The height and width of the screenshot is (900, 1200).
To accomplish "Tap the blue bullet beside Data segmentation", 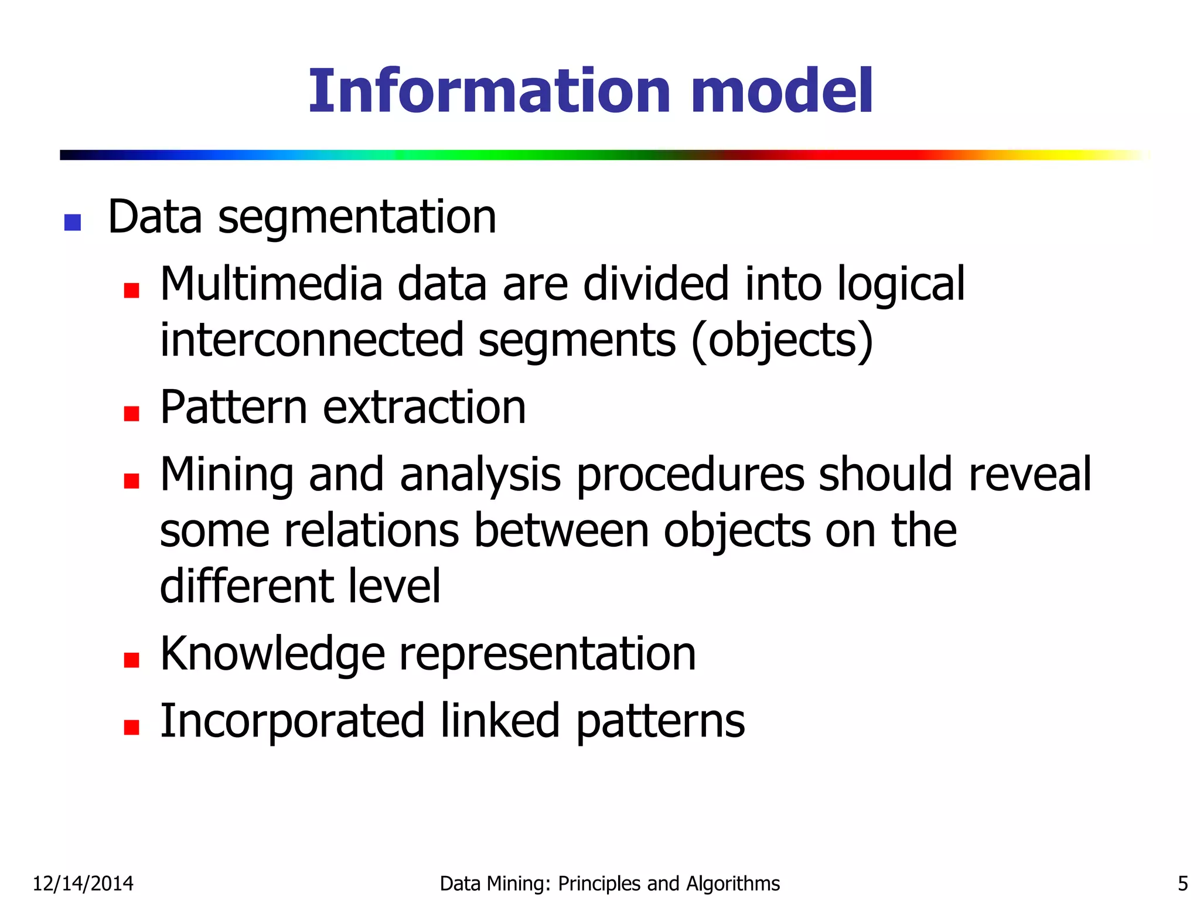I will point(73,223).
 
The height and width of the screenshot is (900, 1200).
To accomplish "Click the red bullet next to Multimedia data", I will point(132,290).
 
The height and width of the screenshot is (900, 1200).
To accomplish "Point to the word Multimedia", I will point(271,284).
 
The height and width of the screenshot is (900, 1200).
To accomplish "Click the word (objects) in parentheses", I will point(782,340).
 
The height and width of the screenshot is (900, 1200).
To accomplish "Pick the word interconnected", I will point(312,340).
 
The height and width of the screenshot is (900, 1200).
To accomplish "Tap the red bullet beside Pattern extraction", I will point(132,414).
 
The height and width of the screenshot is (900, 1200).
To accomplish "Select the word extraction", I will point(424,408).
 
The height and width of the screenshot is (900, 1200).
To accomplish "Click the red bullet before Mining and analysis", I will point(132,481).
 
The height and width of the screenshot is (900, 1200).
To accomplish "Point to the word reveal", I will point(1030,475).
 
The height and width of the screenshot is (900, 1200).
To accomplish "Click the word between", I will point(561,531).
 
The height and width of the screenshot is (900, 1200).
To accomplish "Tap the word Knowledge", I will point(272,654).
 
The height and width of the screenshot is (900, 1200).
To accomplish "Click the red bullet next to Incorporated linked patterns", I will point(132,727).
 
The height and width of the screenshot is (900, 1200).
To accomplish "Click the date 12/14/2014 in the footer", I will point(83,884).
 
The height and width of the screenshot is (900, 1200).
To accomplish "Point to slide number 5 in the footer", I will point(1182,884).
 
